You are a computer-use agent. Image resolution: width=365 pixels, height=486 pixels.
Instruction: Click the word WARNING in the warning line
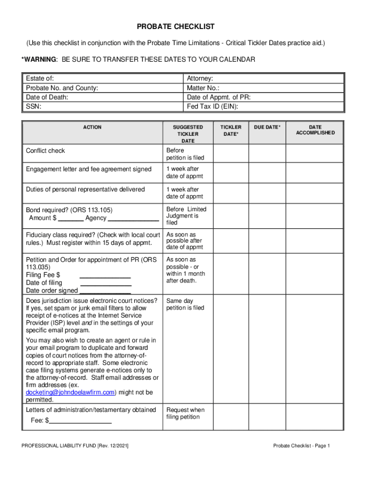coord(41,59)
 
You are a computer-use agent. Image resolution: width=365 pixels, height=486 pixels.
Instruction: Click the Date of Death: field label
coord(47,97)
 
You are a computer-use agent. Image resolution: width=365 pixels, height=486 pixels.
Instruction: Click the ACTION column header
coord(92,127)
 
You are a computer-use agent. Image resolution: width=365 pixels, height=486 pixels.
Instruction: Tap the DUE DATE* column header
coord(267,127)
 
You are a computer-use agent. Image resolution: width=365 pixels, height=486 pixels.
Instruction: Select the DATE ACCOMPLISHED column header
coord(315,130)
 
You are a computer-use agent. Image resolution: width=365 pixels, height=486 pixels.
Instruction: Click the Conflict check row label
coord(46,150)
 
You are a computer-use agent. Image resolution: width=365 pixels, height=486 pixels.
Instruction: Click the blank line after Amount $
coord(72,219)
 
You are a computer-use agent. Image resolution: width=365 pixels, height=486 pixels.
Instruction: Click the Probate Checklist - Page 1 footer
coord(301,446)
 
